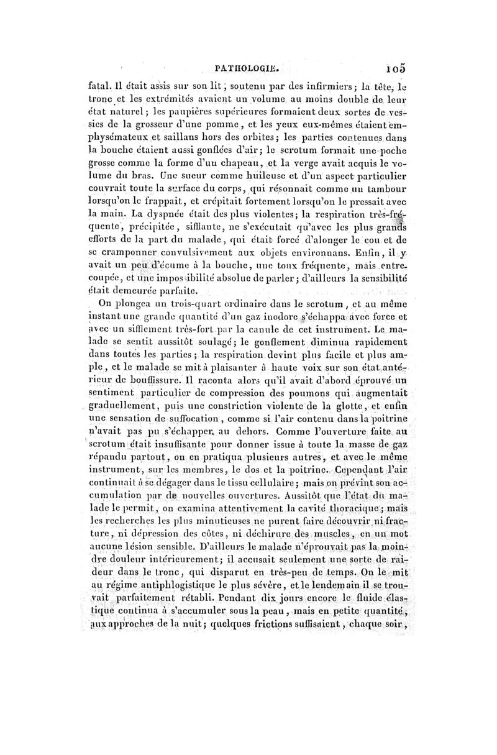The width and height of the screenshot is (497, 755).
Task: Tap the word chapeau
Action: point(244,164)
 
